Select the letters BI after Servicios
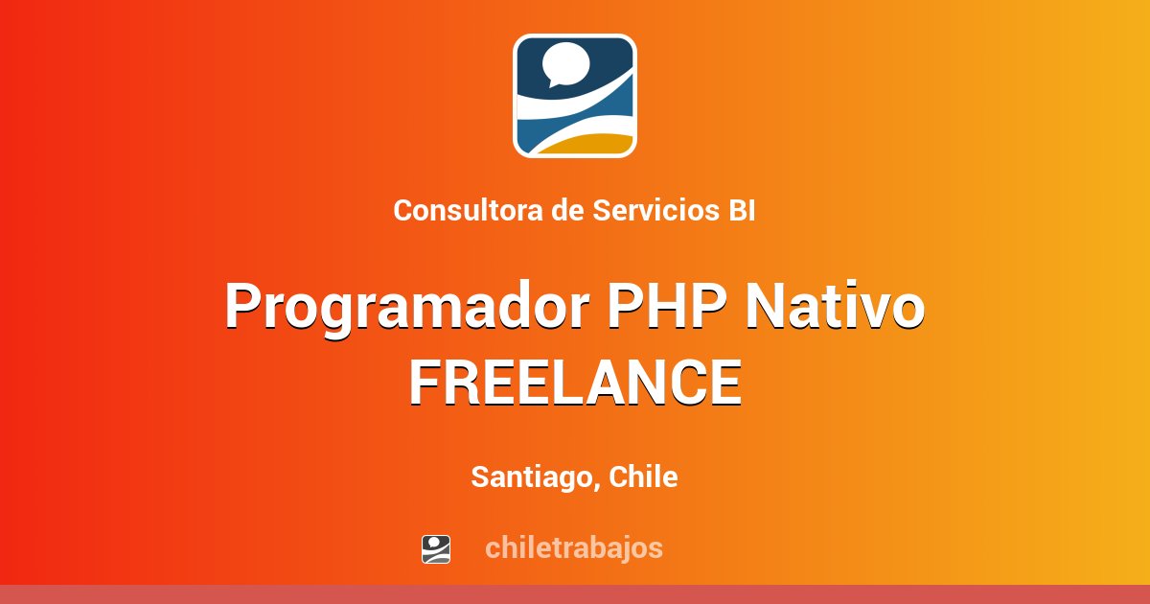coord(741,211)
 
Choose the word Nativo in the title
coord(835,308)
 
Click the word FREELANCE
coord(575,383)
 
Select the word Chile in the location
coord(643,477)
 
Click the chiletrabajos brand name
coord(573,548)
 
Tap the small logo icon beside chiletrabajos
coord(436,548)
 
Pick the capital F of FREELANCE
coord(425,383)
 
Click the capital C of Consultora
coord(402,211)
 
